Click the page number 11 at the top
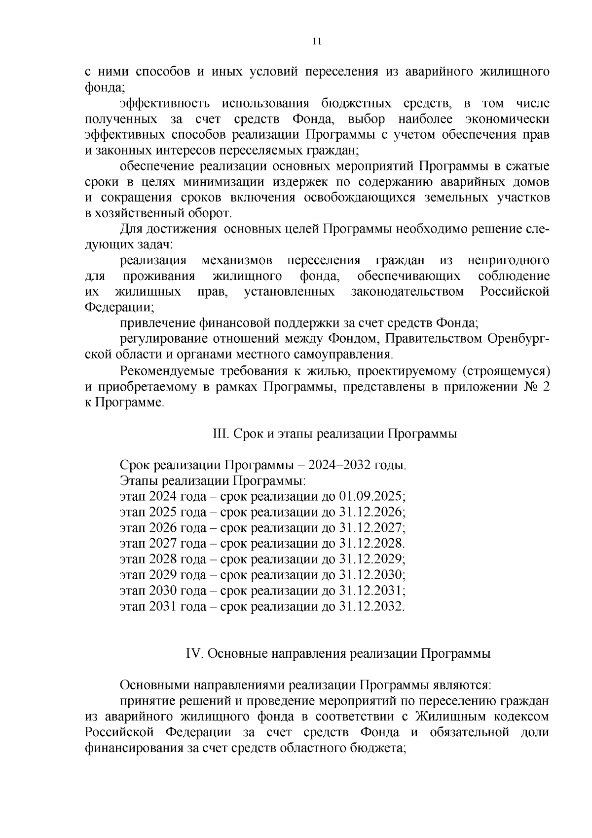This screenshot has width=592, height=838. coord(317,41)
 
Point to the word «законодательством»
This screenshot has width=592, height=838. coord(407,292)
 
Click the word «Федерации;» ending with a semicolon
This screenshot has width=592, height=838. coord(119,308)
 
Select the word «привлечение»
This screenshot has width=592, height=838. coord(158,323)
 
